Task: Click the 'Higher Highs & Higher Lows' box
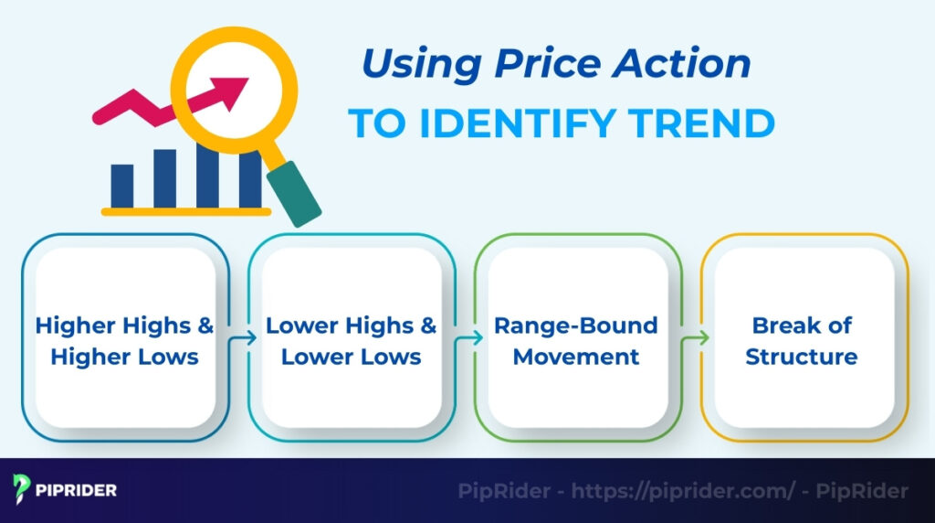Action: pos(125,340)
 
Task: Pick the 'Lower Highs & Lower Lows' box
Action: pos(352,340)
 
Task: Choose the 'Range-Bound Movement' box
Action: pos(576,340)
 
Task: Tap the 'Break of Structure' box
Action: pos(802,340)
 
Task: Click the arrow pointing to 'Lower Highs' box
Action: pos(242,338)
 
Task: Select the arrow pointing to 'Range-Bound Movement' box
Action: pos(468,338)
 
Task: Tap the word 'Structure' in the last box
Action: pos(802,356)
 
